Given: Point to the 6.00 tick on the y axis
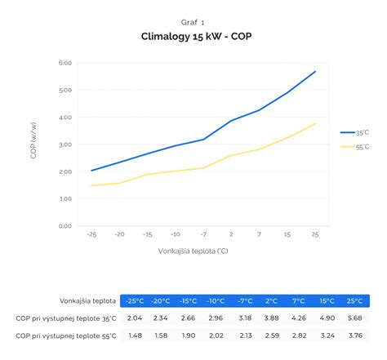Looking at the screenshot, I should coord(66,63).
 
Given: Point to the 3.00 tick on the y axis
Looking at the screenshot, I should coord(66,144).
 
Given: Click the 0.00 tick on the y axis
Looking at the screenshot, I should coord(66,226).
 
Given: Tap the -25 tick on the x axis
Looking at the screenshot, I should coord(92,234).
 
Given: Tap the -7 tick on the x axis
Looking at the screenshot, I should coord(203,234).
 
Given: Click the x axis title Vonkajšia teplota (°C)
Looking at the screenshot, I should coord(193,251).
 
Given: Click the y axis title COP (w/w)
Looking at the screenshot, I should coord(34,144).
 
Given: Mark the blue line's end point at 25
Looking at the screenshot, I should coord(315,71).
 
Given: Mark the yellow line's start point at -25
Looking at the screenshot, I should coord(92,185).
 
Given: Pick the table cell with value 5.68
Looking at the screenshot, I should coord(355,318).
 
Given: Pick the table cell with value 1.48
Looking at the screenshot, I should coord(135,335).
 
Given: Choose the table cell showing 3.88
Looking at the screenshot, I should coord(272,318).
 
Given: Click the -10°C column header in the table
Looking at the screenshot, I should coord(216,300).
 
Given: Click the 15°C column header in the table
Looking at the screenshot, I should coord(327,300).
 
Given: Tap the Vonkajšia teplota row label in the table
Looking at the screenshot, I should coord(87,300).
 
